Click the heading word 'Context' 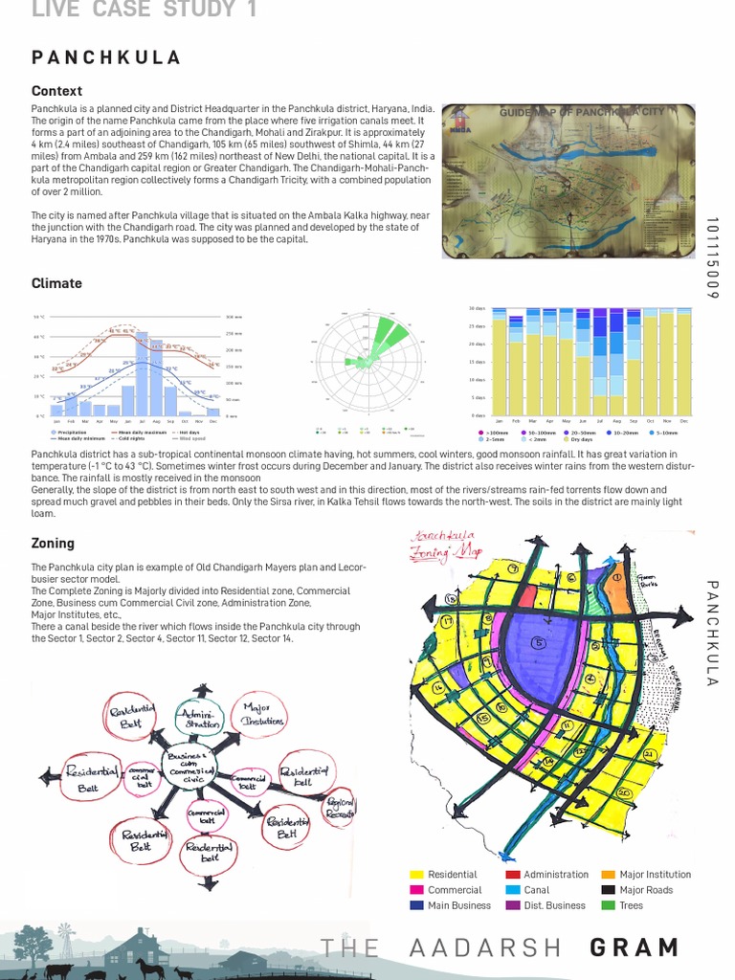point(56,91)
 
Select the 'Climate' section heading point(56,283)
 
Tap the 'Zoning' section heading point(53,543)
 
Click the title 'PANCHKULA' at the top point(106,57)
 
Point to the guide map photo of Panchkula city point(568,181)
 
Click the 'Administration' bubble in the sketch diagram point(199,719)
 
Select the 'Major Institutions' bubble point(256,714)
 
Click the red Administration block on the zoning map point(528,594)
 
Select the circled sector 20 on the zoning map point(624,793)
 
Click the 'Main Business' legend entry point(458,905)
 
